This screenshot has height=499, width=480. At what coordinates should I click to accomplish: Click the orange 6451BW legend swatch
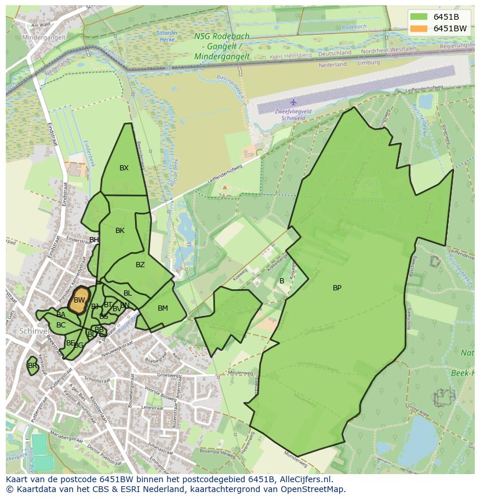[x=417, y=28]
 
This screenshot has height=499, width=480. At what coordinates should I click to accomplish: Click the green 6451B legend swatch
[x=417, y=16]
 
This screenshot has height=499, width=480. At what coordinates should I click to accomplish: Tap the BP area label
[x=337, y=288]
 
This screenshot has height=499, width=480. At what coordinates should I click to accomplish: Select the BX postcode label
[x=124, y=168]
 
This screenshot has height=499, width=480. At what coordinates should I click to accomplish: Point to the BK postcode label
[x=120, y=231]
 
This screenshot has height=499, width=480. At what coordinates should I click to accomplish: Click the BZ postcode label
[x=140, y=265]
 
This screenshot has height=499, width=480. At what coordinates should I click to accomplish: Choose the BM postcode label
[x=163, y=308]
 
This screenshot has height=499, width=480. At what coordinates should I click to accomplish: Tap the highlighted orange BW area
[x=79, y=300]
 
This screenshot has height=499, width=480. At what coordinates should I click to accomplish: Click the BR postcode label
[x=32, y=366]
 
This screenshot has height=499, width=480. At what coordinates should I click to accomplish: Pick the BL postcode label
[x=128, y=293]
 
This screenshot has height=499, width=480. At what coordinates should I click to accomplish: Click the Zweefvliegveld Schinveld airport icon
[x=293, y=102]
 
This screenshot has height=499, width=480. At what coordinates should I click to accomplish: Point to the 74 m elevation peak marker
[x=225, y=188]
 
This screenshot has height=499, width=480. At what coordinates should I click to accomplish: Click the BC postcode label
[x=61, y=325]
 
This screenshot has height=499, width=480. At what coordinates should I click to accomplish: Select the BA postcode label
[x=61, y=315]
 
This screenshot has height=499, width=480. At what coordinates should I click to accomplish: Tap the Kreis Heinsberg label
[x=291, y=56]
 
